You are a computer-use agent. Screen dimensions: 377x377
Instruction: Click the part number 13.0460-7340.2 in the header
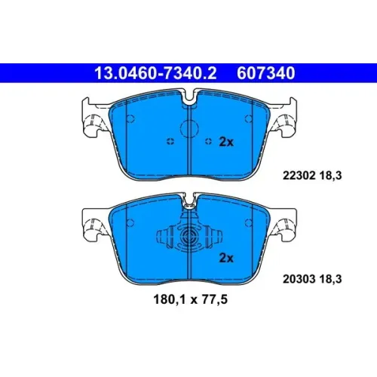point(155,73)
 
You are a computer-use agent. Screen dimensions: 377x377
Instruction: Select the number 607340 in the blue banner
point(266,73)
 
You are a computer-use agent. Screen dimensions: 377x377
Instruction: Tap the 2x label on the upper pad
point(226,142)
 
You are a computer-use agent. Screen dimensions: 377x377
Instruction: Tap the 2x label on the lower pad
point(226,258)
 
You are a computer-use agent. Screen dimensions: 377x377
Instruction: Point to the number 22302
point(299,175)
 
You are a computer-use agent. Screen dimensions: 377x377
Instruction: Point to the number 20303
point(299,279)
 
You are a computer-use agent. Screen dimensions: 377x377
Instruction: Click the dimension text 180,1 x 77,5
point(190,299)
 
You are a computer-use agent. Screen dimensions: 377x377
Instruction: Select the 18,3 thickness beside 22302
point(331,175)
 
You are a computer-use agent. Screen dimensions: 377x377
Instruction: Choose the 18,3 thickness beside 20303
point(331,279)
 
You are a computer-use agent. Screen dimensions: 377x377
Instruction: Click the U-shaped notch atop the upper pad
point(190,98)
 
